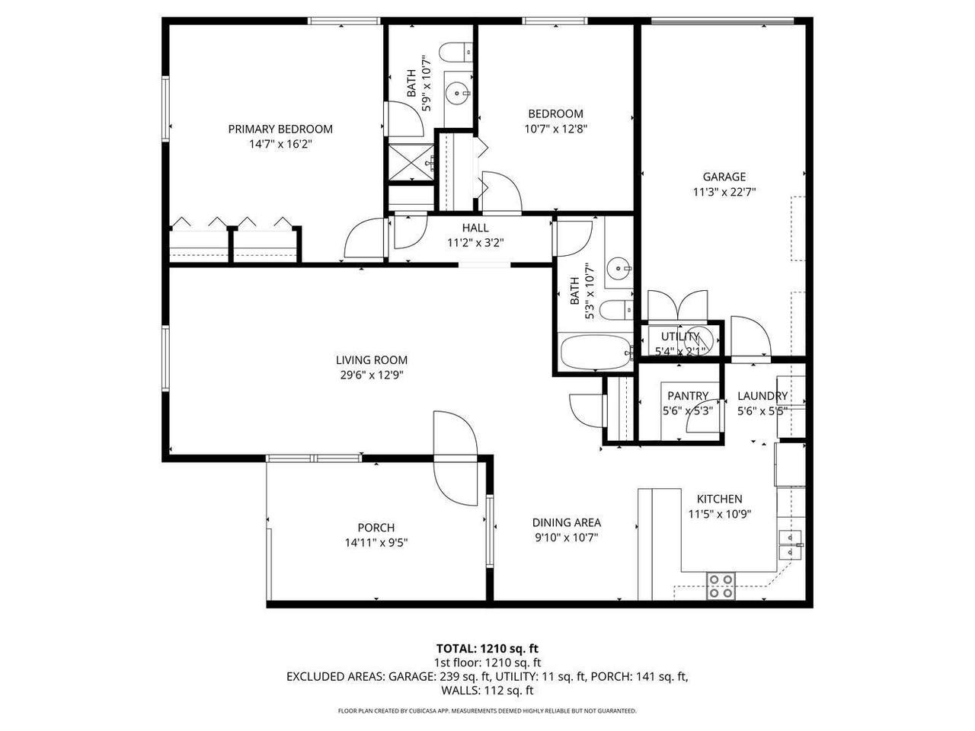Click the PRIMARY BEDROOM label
[x=280, y=129]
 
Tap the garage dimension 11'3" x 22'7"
[x=724, y=192]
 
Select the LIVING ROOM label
[x=372, y=360]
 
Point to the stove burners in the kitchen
[x=721, y=586]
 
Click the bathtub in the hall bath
[x=595, y=351]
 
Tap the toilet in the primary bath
[x=456, y=52]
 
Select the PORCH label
[x=376, y=527]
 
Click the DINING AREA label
[x=567, y=522]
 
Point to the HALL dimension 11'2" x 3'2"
[x=475, y=243]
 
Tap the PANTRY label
[x=688, y=395]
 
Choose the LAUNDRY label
[x=762, y=395]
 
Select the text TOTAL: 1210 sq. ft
[x=487, y=649]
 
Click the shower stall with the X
[x=411, y=162]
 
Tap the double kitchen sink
[x=789, y=544]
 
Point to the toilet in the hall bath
[x=616, y=310]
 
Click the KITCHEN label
[x=719, y=499]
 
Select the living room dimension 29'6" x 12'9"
[x=372, y=375]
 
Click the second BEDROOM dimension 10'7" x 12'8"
[x=556, y=129]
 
